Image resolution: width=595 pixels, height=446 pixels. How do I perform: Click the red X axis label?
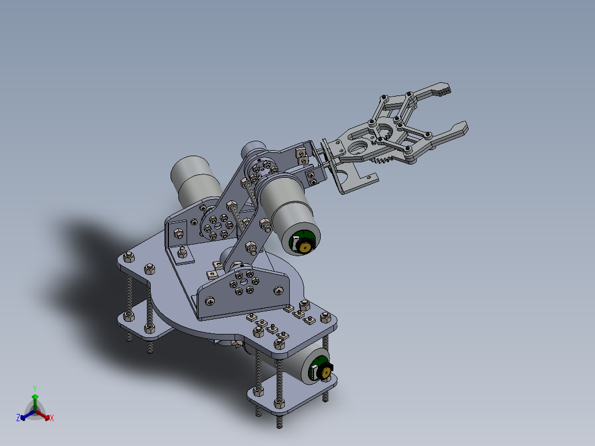(52, 418)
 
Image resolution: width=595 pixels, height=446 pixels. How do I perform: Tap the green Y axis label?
(34, 388)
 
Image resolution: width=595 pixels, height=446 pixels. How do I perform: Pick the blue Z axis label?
(18, 418)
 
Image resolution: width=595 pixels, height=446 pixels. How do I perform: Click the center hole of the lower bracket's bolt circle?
(241, 283)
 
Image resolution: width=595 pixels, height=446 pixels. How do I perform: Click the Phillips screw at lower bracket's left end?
(211, 301)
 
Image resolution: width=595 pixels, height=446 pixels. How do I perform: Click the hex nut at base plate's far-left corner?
(129, 257)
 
